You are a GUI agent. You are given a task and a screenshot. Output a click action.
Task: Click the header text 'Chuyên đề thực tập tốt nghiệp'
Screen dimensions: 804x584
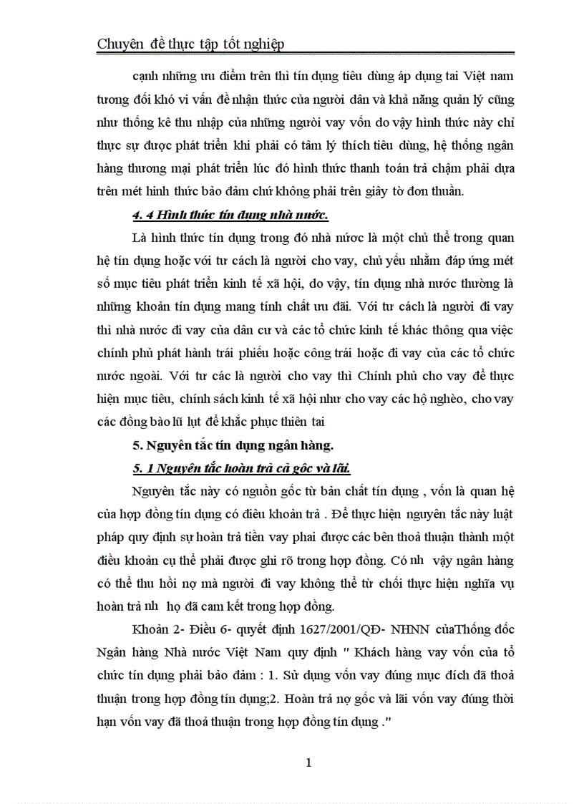[190, 44]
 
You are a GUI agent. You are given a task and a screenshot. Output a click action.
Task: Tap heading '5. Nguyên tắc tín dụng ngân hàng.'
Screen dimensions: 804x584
[233, 445]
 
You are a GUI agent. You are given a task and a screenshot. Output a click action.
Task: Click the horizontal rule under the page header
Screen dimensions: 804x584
[305, 53]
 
